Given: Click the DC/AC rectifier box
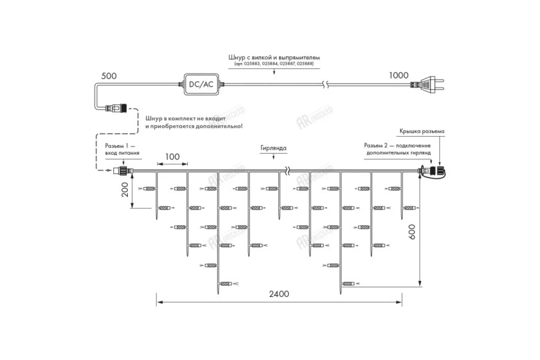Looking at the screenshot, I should click(x=202, y=84).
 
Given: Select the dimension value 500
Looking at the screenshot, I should click(x=108, y=76).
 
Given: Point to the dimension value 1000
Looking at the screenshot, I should click(x=399, y=76).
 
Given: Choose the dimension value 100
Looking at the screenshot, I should click(x=172, y=157).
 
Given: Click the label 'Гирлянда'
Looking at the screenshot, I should click(x=273, y=148).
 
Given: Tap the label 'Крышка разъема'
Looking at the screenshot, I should click(x=422, y=131).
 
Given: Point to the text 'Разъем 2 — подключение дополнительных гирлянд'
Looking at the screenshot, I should click(x=398, y=149).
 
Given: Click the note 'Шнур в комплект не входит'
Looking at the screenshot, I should click(x=194, y=118).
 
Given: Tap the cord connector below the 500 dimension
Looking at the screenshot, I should click(x=117, y=108).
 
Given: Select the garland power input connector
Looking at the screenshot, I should click(x=122, y=171).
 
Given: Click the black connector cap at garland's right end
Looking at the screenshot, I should click(x=436, y=171).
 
